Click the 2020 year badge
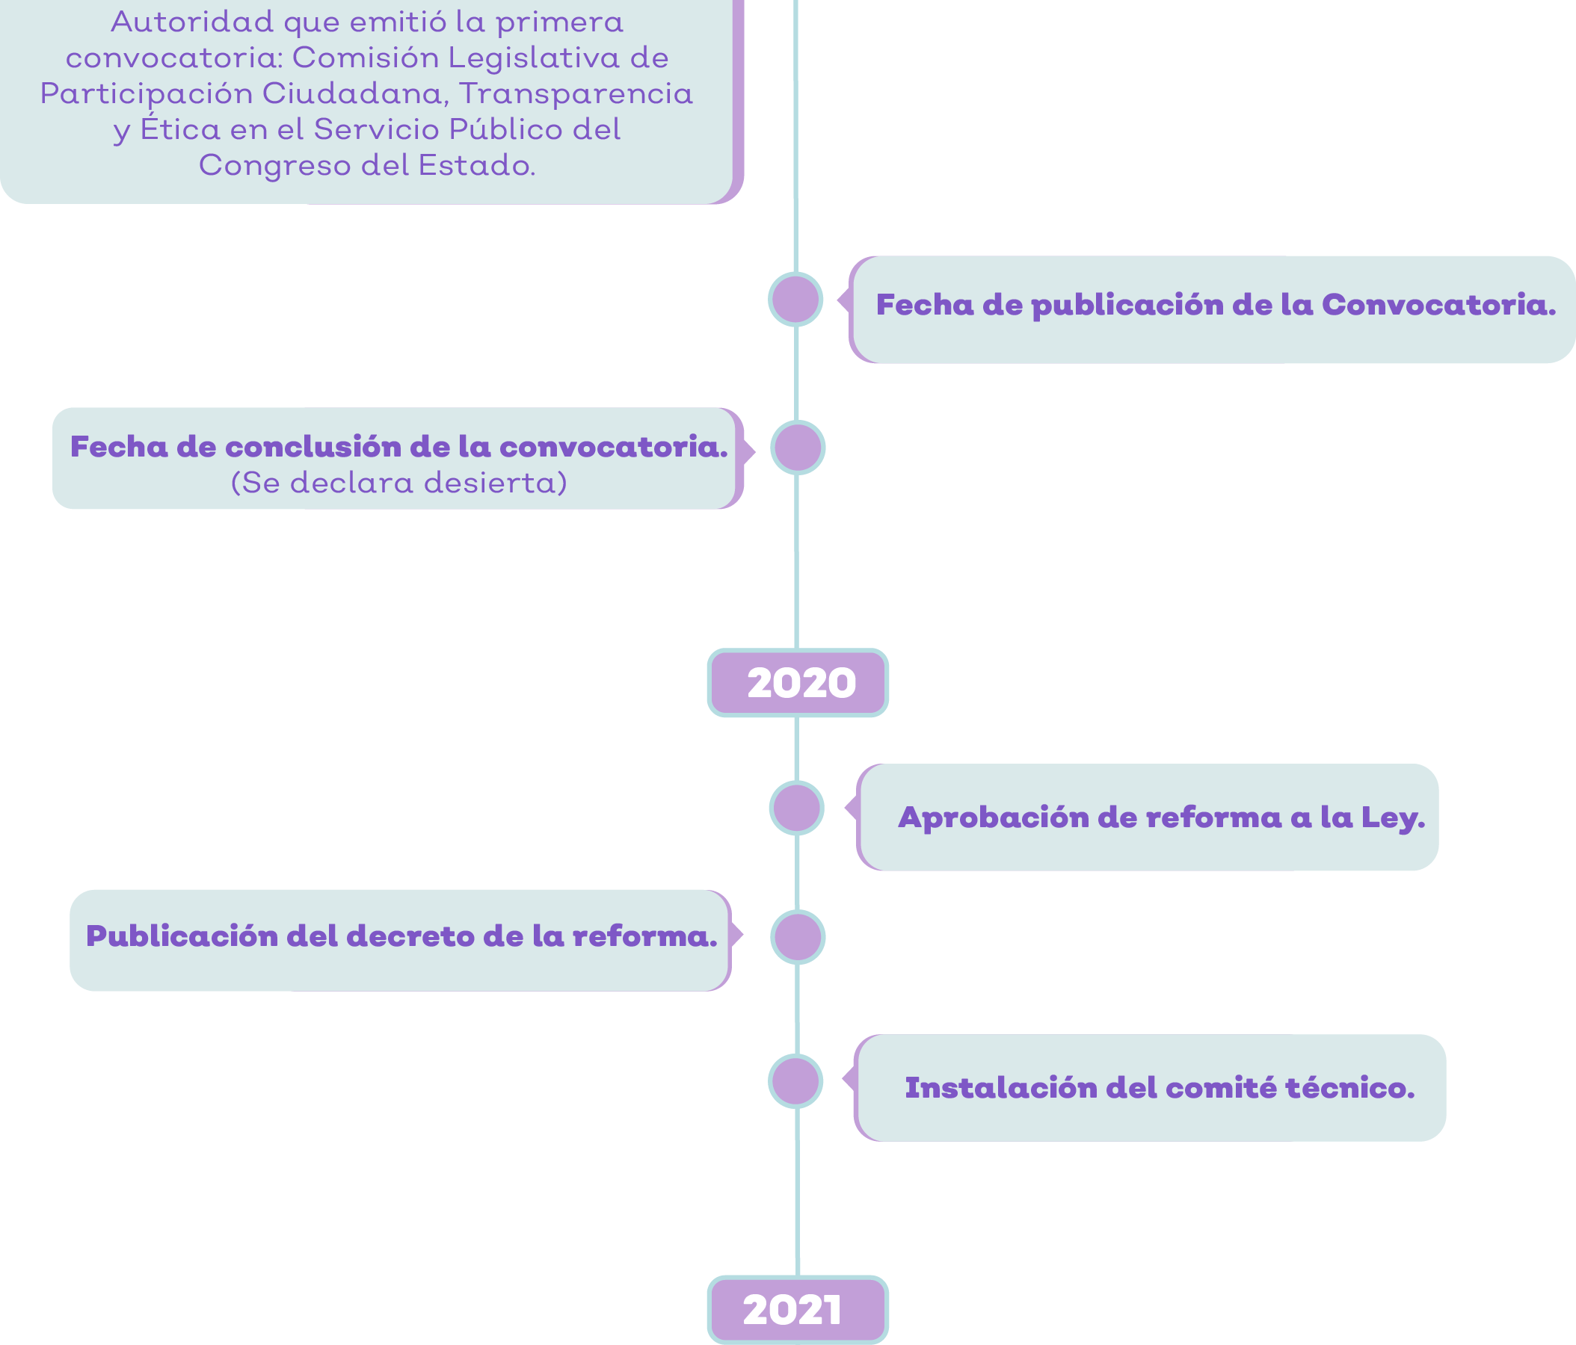(797, 682)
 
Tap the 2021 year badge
(797, 1309)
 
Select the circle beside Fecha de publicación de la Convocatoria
(795, 299)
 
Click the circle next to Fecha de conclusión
(798, 447)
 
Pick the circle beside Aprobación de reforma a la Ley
(796, 808)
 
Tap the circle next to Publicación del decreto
(798, 937)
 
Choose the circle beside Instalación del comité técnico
(795, 1080)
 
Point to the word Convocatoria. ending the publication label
(1438, 305)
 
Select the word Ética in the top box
(179, 128)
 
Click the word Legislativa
(533, 58)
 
